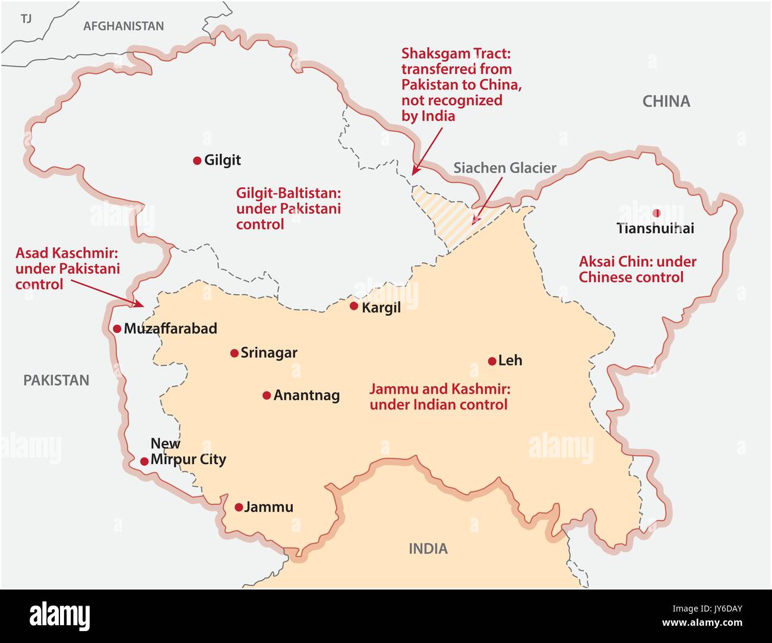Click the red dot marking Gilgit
[197, 160]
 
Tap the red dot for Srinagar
[234, 353]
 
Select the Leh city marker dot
[492, 361]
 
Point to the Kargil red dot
[354, 306]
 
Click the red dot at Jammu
[239, 508]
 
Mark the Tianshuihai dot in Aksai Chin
[656, 213]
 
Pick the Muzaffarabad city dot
[117, 329]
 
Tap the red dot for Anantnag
[267, 395]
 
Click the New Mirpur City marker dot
[144, 461]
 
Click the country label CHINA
[666, 102]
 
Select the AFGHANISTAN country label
[124, 26]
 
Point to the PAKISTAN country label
[56, 380]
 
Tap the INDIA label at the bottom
[428, 549]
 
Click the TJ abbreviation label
[26, 19]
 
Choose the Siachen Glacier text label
[505, 168]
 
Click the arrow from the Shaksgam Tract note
[428, 149]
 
